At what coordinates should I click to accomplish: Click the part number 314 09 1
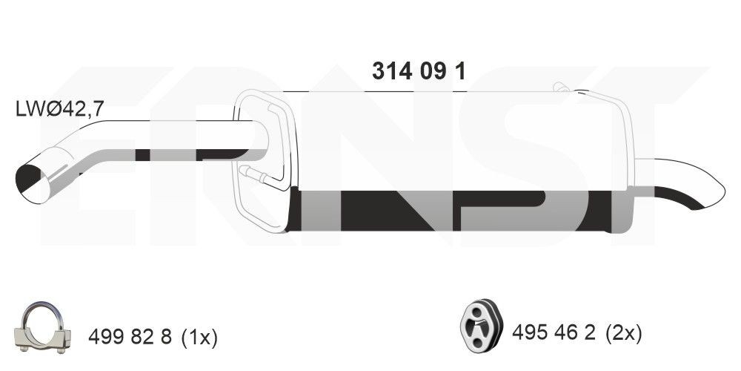[x=419, y=71]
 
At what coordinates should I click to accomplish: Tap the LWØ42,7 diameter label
[x=59, y=109]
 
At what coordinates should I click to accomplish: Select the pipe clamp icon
[x=42, y=329]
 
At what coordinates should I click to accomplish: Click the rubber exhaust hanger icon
[x=481, y=327]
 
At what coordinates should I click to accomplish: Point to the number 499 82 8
[x=130, y=337]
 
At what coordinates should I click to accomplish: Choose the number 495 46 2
[x=554, y=334]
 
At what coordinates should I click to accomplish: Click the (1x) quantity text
[x=198, y=337]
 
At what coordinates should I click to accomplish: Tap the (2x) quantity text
[x=623, y=334]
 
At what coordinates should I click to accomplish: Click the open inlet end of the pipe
[x=33, y=184]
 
